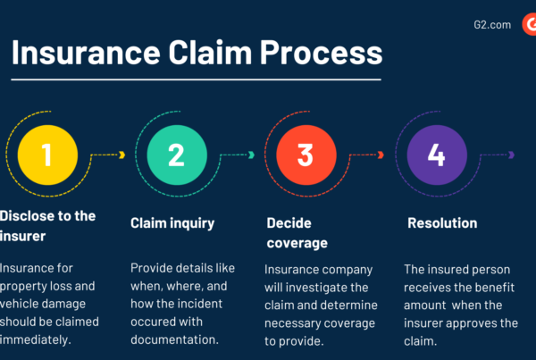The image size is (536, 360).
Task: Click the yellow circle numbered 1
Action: (x=47, y=155)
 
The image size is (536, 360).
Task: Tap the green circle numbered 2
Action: (x=177, y=155)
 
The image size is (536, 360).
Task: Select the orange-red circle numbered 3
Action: (x=306, y=155)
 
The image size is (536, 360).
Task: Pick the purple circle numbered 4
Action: (x=437, y=155)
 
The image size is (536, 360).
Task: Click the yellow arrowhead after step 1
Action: (x=122, y=155)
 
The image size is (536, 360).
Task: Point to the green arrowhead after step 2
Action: (x=251, y=155)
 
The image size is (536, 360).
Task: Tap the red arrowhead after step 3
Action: (x=381, y=155)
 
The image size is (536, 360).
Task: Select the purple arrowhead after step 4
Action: (x=511, y=155)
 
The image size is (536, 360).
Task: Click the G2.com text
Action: (x=492, y=25)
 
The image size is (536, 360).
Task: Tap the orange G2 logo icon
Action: (x=529, y=24)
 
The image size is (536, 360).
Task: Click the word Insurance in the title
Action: (x=86, y=53)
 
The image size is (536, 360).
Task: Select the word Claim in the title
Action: (x=210, y=53)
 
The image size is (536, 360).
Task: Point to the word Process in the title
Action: (x=322, y=53)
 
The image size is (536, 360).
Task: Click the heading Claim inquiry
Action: (x=172, y=223)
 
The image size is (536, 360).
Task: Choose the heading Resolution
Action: (x=442, y=223)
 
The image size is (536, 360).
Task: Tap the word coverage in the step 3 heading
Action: (x=297, y=243)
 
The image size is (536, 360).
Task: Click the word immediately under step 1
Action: (x=35, y=339)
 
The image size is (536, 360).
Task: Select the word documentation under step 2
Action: (x=174, y=339)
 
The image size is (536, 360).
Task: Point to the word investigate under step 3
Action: (x=327, y=288)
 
